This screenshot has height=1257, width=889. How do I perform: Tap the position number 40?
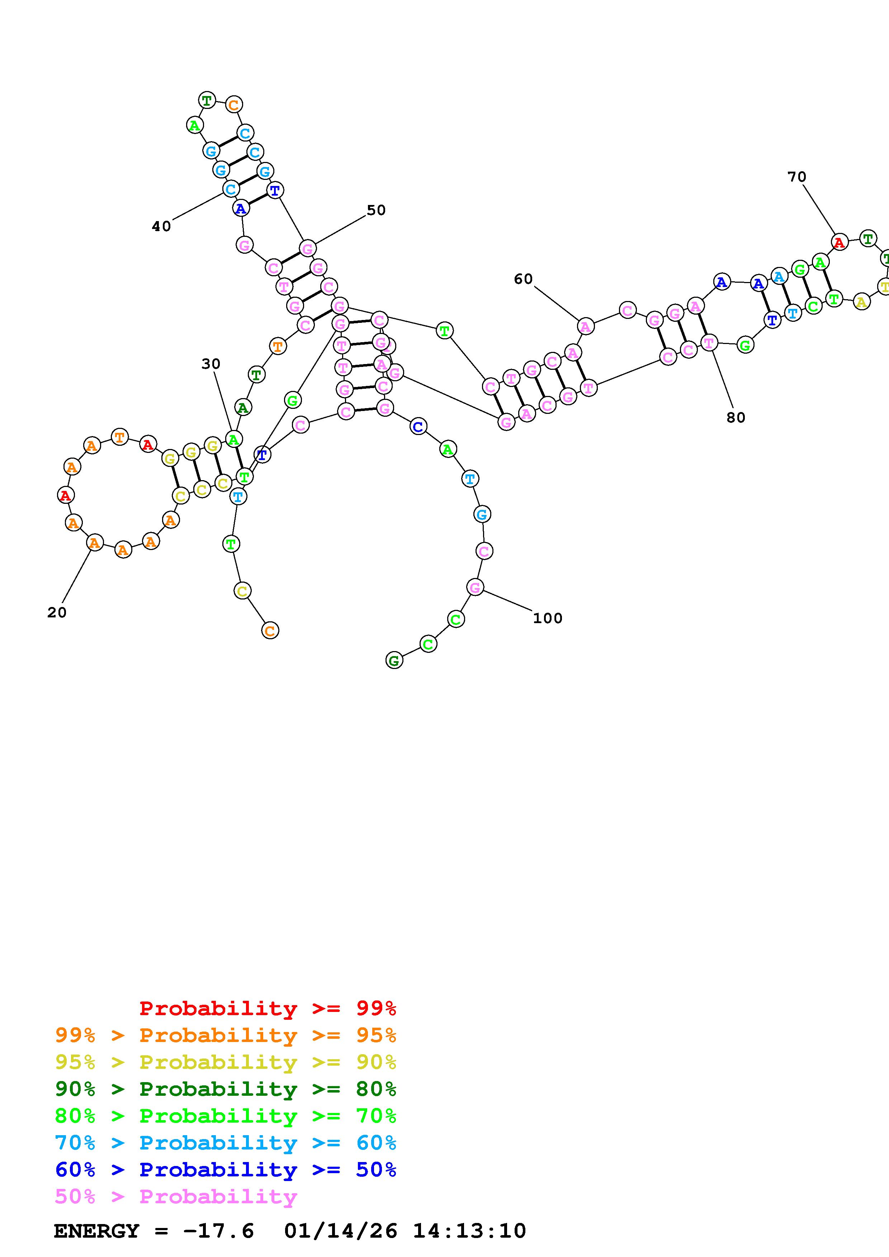(161, 226)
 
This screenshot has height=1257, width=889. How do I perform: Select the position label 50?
(376, 210)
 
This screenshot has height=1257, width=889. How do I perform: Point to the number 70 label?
(796, 177)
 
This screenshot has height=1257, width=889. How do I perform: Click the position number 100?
(547, 618)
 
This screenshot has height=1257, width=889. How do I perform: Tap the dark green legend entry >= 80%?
(226, 1089)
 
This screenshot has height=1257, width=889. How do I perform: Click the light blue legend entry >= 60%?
(226, 1143)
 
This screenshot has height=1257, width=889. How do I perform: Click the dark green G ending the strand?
(394, 660)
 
